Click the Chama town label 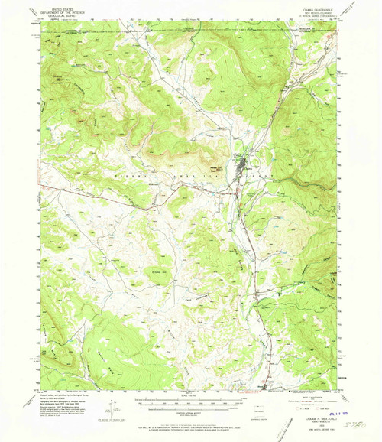click(243, 161)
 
